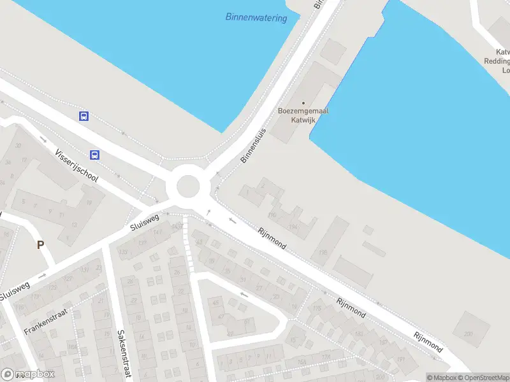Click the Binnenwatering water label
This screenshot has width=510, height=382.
256,17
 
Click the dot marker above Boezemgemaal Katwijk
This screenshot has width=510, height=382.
303,103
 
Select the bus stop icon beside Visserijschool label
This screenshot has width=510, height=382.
94,155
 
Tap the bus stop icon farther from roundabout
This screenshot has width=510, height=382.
84,116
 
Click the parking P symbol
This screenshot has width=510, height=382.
40,244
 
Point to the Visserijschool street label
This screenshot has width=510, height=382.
76,166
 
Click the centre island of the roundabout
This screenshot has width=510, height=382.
188,187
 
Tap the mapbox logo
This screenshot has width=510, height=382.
28,374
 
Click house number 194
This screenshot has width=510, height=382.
294,227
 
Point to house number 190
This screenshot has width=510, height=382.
273,215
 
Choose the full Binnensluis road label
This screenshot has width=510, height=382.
253,145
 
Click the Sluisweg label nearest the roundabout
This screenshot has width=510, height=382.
144,222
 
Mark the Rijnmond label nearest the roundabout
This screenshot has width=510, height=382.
272,237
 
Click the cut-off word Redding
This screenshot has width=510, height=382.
497,61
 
